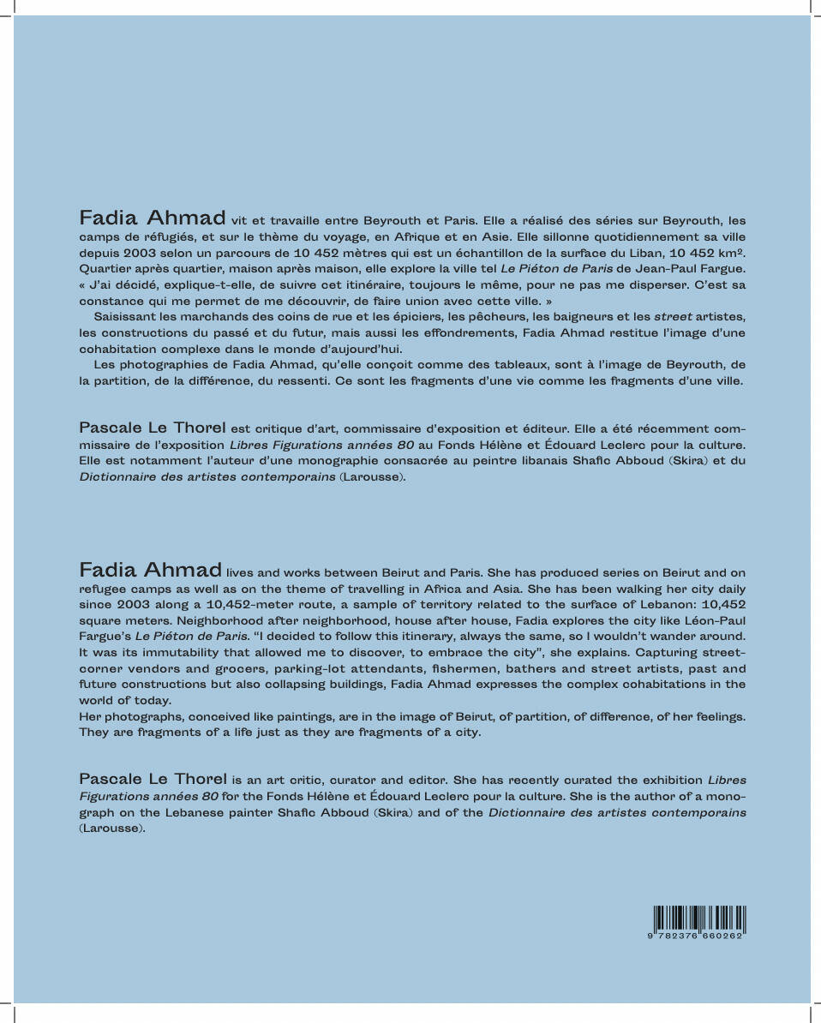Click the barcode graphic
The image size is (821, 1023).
[698, 918]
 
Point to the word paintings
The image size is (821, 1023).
[313, 716]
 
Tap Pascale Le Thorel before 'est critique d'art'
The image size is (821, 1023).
[153, 428]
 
